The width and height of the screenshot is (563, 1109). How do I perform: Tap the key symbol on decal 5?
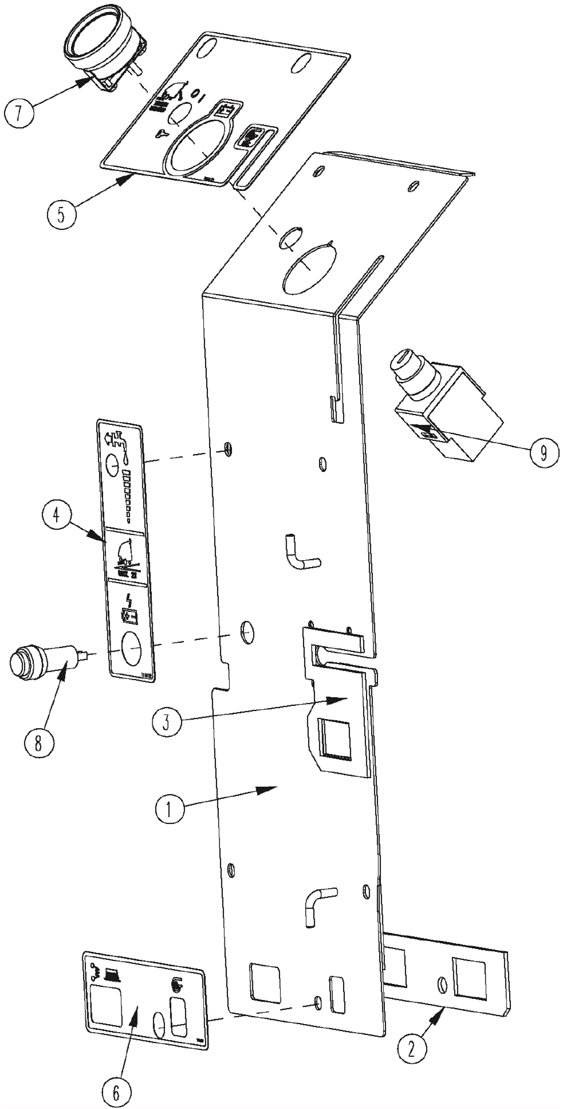[x=163, y=134]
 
